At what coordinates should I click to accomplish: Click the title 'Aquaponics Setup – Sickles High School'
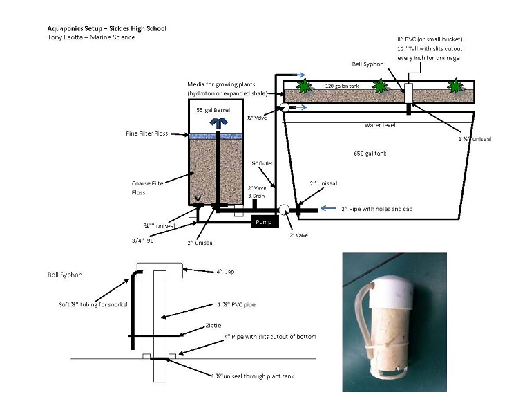click(x=106, y=28)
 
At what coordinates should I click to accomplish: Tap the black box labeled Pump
click(x=261, y=223)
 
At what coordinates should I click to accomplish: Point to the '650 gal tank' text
click(x=368, y=153)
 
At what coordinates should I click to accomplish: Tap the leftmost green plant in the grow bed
click(x=302, y=86)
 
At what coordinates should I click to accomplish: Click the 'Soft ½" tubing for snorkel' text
click(x=90, y=304)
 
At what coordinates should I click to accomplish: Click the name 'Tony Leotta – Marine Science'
click(x=87, y=37)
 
